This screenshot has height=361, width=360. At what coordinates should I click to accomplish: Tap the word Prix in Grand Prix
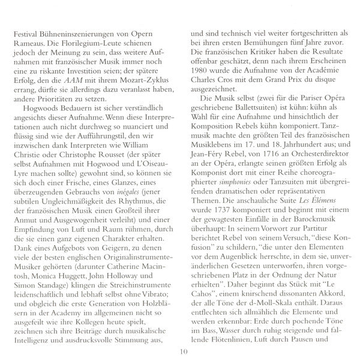(292, 80)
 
